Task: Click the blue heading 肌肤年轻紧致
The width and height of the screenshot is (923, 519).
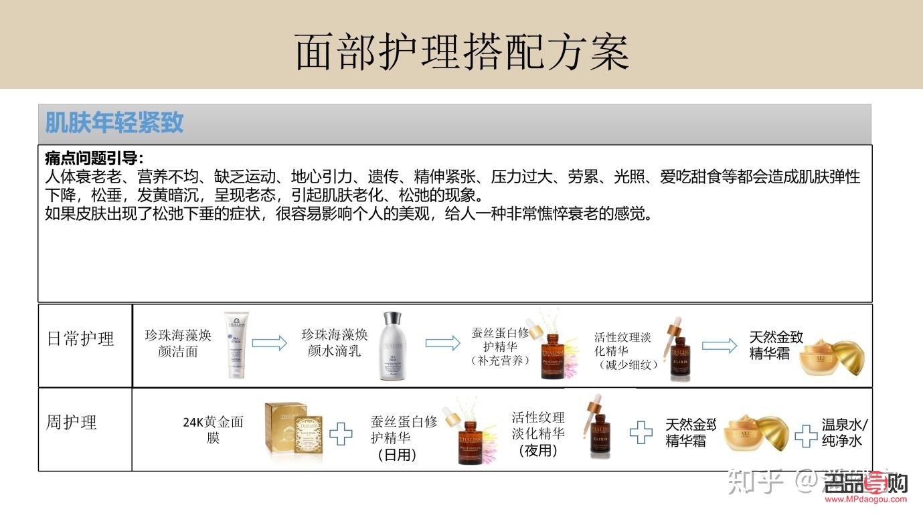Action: [x=114, y=123]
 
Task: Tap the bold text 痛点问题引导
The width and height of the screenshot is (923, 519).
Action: [x=94, y=159]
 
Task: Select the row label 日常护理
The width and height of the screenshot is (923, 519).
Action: [x=81, y=338]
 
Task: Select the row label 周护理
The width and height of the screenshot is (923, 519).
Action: [x=71, y=423]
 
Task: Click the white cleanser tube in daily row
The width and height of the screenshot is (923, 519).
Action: [x=236, y=344]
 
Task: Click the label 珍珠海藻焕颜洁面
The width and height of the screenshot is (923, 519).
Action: [x=178, y=343]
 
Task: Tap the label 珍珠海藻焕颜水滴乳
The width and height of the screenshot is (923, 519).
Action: [x=334, y=342]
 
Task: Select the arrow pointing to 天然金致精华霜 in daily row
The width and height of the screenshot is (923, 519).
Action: [x=719, y=345]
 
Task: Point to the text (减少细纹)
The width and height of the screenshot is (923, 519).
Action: [x=626, y=365]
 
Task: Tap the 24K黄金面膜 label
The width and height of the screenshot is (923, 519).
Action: [x=213, y=429]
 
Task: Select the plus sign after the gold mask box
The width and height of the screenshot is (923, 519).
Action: [x=341, y=433]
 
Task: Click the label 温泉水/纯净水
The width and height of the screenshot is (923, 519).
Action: [x=845, y=432]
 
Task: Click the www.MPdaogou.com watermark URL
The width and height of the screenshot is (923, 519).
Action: [x=866, y=498]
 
